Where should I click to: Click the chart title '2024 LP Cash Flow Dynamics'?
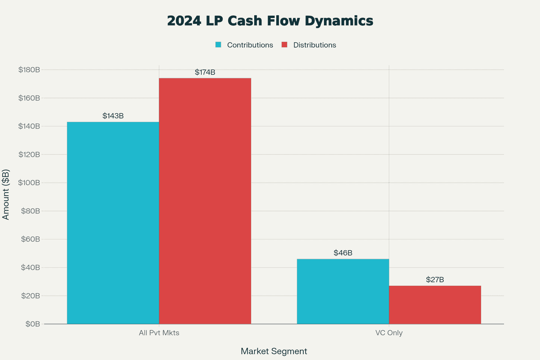coord(270,21)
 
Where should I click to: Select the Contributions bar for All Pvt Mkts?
coord(113,223)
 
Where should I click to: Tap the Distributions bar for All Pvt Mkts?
coord(205,201)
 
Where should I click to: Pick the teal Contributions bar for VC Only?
coord(343,291)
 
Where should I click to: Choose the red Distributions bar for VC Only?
coord(435,305)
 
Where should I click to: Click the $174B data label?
coord(205,72)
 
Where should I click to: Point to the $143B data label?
coord(113,116)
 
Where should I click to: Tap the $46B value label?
coord(343,253)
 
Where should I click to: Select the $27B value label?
coord(435,280)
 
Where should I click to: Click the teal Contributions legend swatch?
coord(218,45)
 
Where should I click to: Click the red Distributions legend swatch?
coord(284,45)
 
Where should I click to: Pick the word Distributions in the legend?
coord(315,45)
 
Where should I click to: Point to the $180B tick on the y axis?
coord(29,70)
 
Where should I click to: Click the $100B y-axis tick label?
coord(29,183)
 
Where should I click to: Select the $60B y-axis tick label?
coord(31,239)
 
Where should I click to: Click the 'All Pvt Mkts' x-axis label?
coord(159,333)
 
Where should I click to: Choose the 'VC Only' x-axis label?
coord(389,333)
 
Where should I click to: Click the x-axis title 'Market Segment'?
coord(274,351)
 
